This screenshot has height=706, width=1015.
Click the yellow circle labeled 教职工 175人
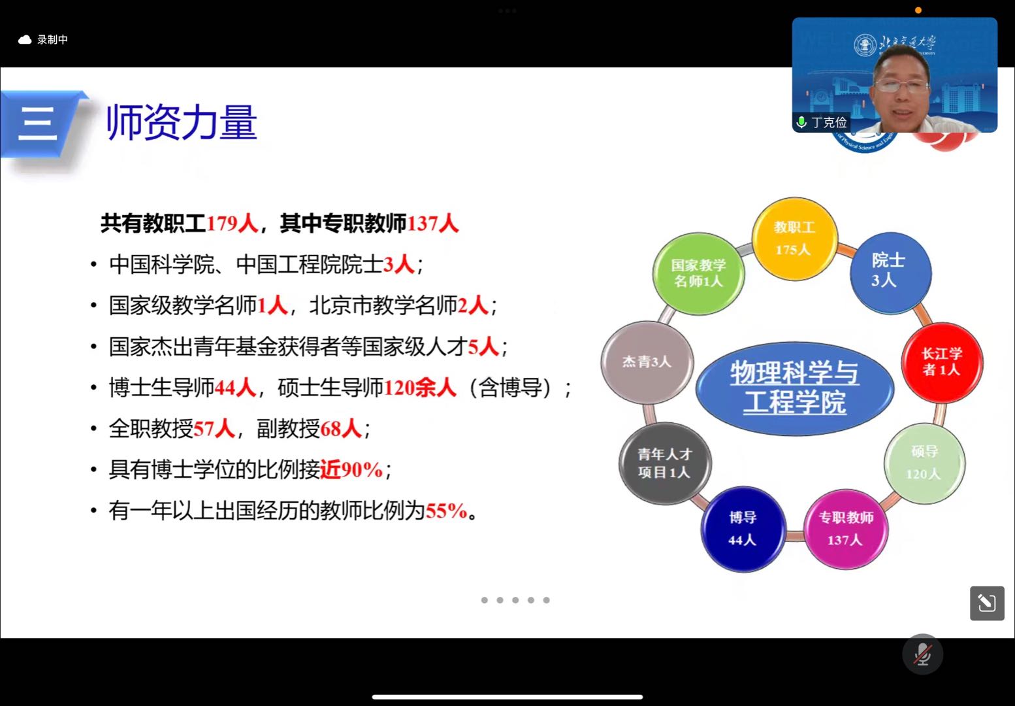(795, 239)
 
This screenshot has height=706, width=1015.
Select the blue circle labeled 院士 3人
(890, 273)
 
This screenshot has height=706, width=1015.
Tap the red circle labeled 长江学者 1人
(942, 362)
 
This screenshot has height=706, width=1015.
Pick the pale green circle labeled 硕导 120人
(924, 463)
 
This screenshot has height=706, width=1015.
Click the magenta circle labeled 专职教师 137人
(846, 529)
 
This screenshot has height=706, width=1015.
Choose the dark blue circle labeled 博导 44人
(743, 529)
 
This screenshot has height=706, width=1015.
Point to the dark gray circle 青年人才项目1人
(665, 463)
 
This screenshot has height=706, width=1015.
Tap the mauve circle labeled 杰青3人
(647, 362)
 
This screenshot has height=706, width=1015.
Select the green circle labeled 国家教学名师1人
(698, 273)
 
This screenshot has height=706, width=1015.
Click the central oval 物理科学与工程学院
(795, 388)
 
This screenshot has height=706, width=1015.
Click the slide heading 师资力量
(182, 122)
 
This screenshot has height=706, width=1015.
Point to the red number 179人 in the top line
(232, 224)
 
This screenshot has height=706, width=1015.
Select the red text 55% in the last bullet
(446, 511)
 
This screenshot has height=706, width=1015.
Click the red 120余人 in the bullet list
(420, 388)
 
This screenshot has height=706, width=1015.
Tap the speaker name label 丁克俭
(829, 122)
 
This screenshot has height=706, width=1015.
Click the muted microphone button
(922, 654)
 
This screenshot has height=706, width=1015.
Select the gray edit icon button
(987, 603)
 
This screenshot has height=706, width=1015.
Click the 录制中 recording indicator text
(52, 40)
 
